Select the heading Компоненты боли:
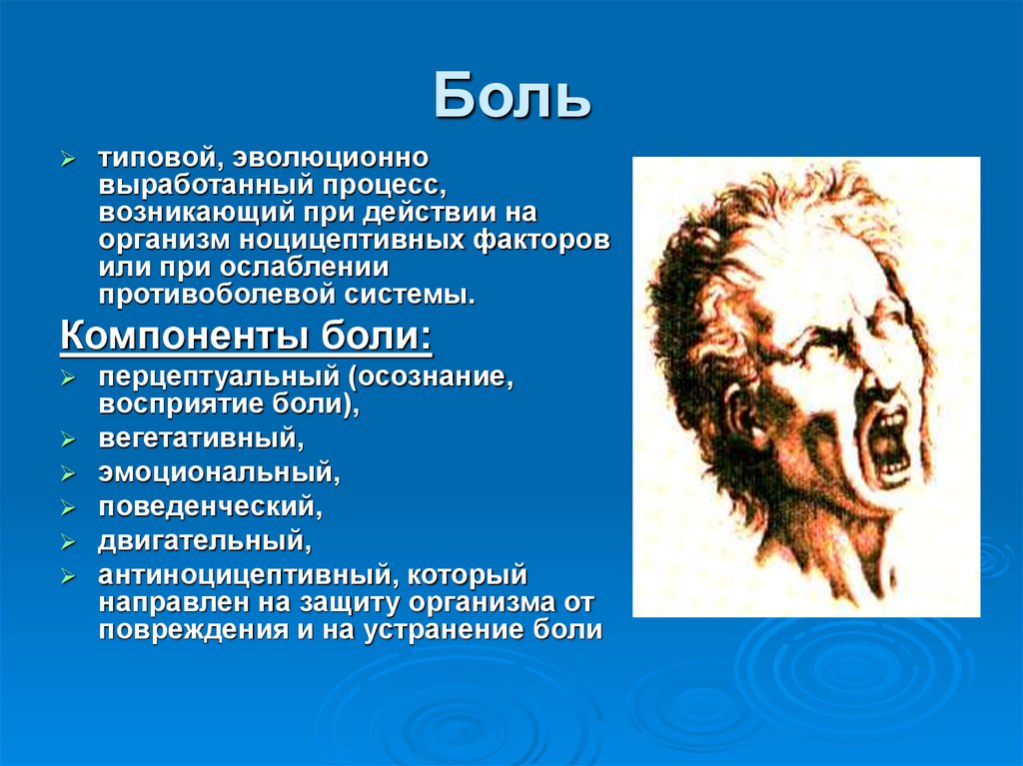[246, 337]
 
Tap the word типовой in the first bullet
[159, 158]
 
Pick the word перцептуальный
[219, 378]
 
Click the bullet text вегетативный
[201, 438]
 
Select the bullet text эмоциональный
[219, 472]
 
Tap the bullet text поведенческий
[210, 507]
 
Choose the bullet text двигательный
[205, 541]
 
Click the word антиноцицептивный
[248, 575]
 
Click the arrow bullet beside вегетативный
[68, 439]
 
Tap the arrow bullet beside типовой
[68, 159]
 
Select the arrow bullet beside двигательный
[68, 542]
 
